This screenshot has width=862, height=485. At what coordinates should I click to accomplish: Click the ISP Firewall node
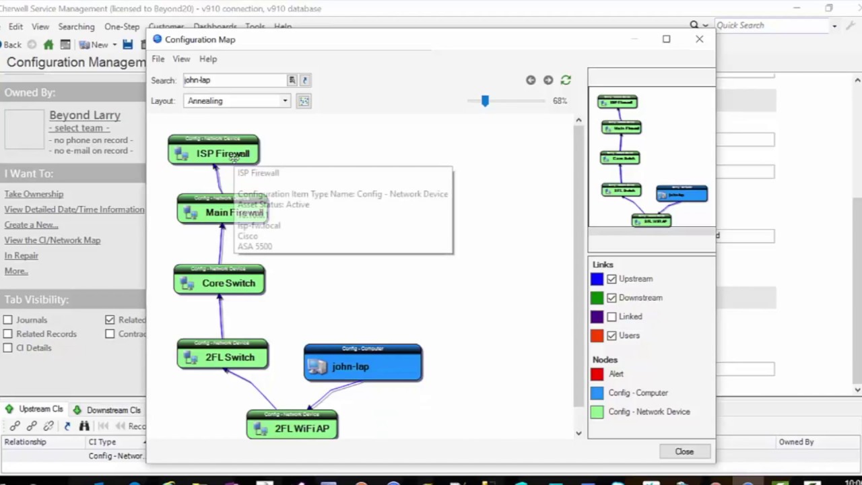coord(213,153)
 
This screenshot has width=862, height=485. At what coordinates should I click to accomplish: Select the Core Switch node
coord(220,283)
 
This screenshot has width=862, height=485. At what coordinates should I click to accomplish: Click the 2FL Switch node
coord(222,357)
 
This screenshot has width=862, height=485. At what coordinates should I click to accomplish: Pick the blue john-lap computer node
coord(363,366)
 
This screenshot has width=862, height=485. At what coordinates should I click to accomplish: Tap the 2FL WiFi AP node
coord(292,428)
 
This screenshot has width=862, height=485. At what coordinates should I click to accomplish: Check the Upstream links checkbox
coord(611,279)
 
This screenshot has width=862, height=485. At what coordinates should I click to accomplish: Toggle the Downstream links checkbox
coord(611,298)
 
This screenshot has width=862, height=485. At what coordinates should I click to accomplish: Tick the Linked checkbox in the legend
coord(611,317)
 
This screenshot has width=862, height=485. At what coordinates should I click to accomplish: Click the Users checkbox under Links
coord(611,335)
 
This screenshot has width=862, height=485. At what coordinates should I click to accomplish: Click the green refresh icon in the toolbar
coord(566,80)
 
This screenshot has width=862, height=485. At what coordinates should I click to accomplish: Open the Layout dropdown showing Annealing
coord(237,101)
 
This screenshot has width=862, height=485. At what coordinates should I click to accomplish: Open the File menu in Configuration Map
coord(158,59)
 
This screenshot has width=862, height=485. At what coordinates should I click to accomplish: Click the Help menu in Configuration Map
coord(208,59)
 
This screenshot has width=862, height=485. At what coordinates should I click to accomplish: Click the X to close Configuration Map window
coord(700,39)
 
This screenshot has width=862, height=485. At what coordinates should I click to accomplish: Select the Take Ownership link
coord(34,194)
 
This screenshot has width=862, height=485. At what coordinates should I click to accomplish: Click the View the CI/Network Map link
coord(53,240)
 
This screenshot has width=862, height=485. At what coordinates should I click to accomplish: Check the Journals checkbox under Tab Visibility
coord(7,320)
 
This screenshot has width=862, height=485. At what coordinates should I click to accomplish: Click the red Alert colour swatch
coord(597,374)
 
